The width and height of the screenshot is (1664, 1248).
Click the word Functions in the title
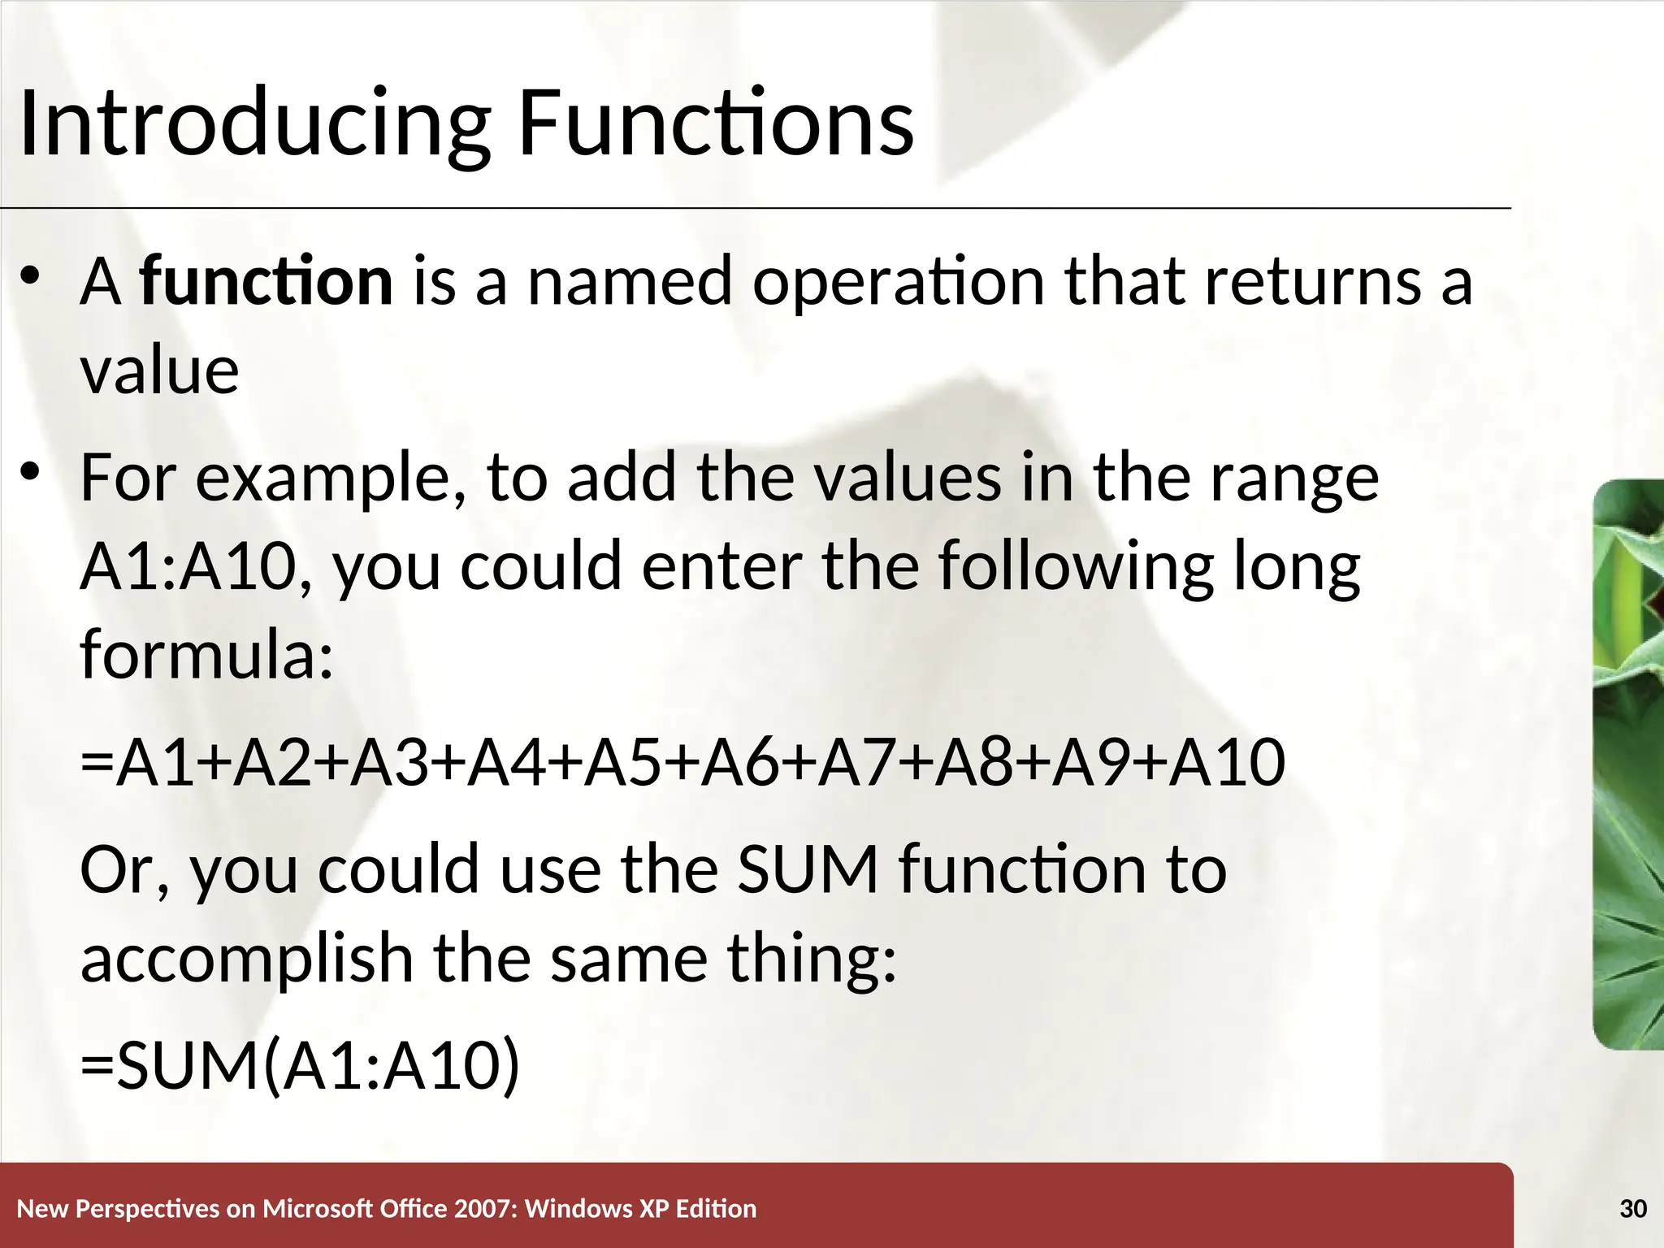pyautogui.click(x=715, y=123)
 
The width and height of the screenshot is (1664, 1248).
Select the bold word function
pyautogui.click(x=266, y=281)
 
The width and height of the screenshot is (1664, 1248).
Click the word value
pyautogui.click(x=160, y=371)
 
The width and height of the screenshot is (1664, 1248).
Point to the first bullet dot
pyautogui.click(x=31, y=277)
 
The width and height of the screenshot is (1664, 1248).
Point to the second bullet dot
pyautogui.click(x=31, y=471)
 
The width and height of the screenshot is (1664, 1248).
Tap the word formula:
pyautogui.click(x=206, y=654)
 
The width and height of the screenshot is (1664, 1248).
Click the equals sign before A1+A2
pyautogui.click(x=97, y=764)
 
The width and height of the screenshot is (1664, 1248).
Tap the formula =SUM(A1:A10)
pyautogui.click(x=300, y=1065)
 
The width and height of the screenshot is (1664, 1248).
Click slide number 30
pyautogui.click(x=1632, y=1209)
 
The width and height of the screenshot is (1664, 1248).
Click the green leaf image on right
pyautogui.click(x=1628, y=764)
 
